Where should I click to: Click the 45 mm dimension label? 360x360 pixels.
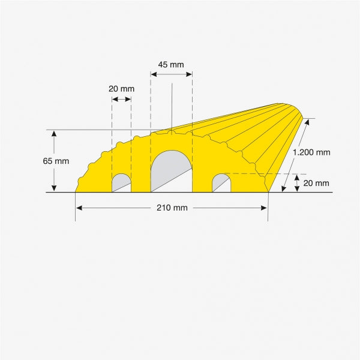pyautogui.click(x=171, y=65)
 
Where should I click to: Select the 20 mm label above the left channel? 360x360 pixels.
pyautogui.click(x=121, y=89)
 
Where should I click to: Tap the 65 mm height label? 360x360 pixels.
pyautogui.click(x=56, y=161)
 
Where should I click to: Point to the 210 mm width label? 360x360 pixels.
pyautogui.click(x=172, y=208)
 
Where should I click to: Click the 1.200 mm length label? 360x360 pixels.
pyautogui.click(x=311, y=152)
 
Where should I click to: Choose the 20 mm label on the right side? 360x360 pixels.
pyautogui.click(x=316, y=183)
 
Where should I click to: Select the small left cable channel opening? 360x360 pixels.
pyautogui.click(x=122, y=183)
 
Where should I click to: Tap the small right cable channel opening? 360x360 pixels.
pyautogui.click(x=221, y=183)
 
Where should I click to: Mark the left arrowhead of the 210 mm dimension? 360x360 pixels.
pyautogui.click(x=79, y=208)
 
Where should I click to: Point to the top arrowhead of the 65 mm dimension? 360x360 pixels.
pyautogui.click(x=54, y=134)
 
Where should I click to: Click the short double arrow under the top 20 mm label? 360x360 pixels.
pyautogui.click(x=122, y=99)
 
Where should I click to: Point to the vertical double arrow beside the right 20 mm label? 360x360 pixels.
pyautogui.click(x=297, y=183)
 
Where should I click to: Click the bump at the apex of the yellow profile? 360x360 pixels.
pyautogui.click(x=171, y=130)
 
